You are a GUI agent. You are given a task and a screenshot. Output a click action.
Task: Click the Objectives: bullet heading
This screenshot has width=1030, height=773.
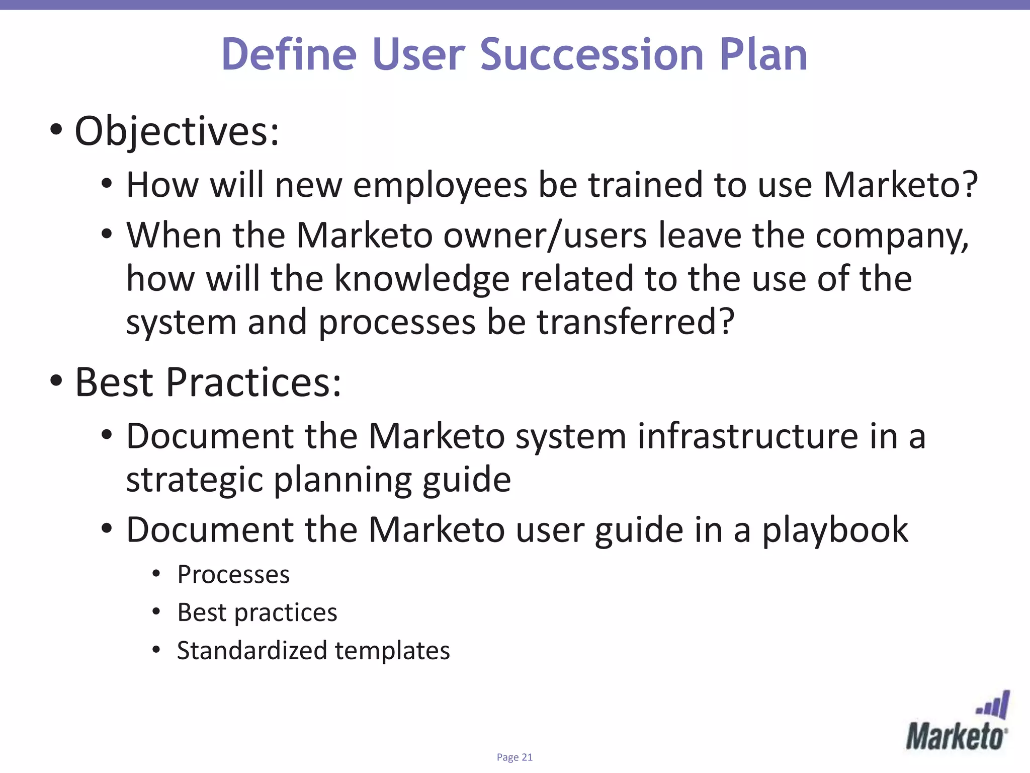(177, 132)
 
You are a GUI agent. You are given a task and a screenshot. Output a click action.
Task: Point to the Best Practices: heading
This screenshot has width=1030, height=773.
(208, 382)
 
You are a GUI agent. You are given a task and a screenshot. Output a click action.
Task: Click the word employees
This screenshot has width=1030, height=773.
(440, 185)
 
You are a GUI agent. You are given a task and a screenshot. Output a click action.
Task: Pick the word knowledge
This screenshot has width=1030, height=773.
(421, 280)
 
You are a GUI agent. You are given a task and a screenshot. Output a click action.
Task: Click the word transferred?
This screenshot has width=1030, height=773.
(636, 322)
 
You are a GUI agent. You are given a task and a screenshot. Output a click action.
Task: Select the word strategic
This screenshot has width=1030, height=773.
(194, 480)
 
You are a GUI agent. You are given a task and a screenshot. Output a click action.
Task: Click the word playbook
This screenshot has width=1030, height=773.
(835, 530)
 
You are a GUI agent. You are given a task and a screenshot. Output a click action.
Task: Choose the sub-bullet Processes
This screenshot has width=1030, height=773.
(233, 575)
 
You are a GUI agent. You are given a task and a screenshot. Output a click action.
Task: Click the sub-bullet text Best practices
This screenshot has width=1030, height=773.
(257, 613)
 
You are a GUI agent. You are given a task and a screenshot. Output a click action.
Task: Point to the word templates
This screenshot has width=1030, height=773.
(392, 651)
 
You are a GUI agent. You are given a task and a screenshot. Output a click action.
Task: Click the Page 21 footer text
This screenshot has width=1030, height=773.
(514, 757)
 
